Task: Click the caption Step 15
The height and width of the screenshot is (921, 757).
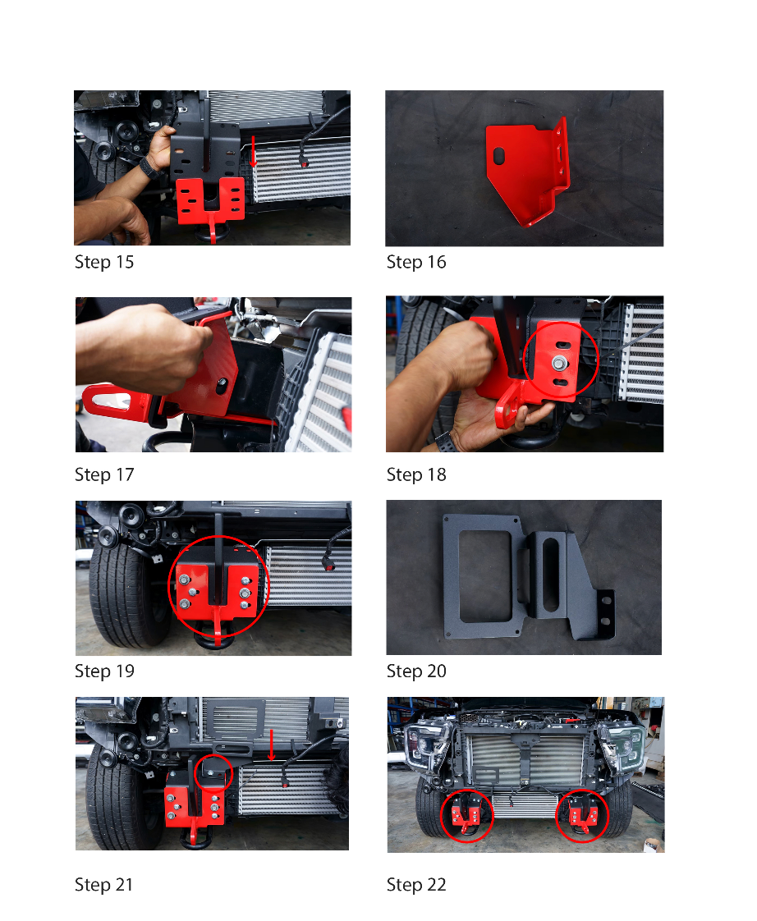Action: coord(104,262)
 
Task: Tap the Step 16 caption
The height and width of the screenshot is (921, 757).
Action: coord(416,262)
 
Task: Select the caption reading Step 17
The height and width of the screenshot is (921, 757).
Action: coord(104,474)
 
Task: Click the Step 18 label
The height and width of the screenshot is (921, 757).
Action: coord(416,474)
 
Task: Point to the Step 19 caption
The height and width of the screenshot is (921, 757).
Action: coord(104,671)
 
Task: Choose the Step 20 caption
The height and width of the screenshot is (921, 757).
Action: coord(416,671)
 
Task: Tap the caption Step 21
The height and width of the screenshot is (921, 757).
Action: coord(103,885)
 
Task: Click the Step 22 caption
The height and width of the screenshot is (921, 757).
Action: coord(416,885)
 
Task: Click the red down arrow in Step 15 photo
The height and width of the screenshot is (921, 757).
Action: coord(254,152)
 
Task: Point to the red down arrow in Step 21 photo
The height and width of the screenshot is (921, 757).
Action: coord(272,745)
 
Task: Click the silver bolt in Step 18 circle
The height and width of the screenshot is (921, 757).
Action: coord(559,364)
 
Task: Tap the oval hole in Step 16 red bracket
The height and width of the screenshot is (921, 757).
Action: coord(499,156)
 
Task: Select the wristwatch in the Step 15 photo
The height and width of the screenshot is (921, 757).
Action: coord(148,167)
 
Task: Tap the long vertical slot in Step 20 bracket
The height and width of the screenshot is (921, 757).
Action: coord(551,575)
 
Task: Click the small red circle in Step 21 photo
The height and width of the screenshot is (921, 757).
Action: coord(213,773)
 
